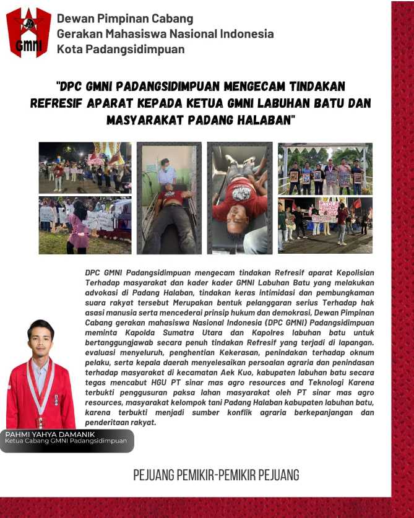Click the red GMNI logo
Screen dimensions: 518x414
click(x=28, y=32)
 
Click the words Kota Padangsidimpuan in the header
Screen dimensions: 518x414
click(x=120, y=49)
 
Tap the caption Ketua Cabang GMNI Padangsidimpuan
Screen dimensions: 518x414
click(x=65, y=442)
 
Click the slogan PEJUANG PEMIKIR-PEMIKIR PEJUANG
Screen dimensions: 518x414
click(x=216, y=475)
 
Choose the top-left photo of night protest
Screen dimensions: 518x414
click(x=85, y=168)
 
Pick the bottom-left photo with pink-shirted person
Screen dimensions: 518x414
click(x=85, y=225)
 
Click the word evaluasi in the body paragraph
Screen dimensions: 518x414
click(x=102, y=351)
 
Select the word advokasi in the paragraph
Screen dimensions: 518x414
click(x=102, y=291)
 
